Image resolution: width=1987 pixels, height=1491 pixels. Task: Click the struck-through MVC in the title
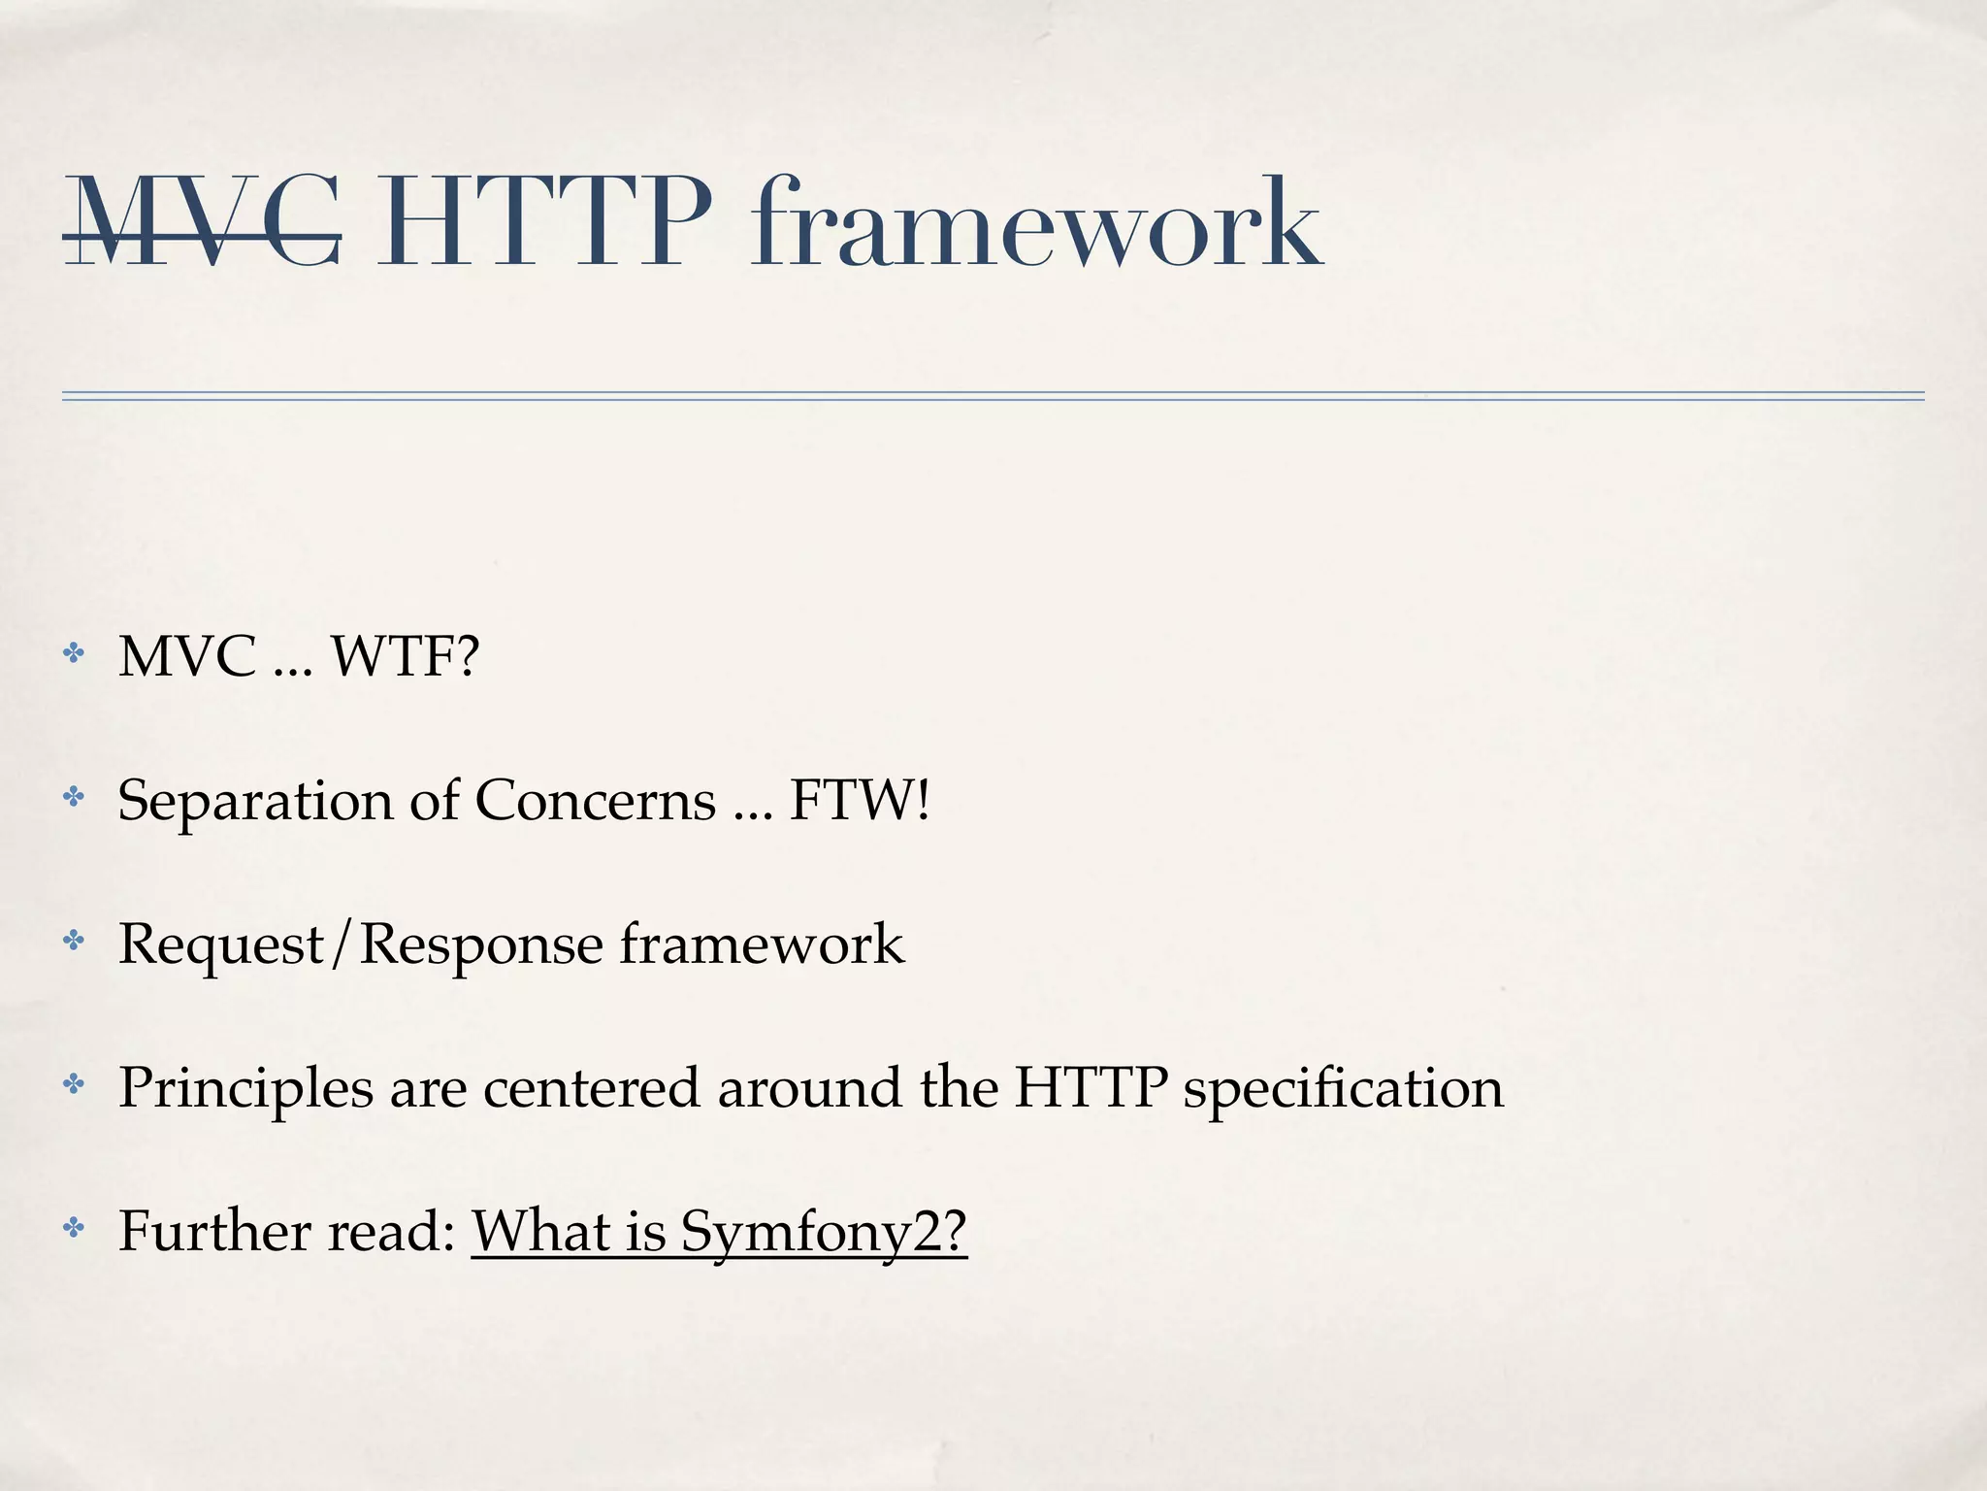click(202, 223)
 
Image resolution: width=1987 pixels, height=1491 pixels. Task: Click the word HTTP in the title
click(543, 223)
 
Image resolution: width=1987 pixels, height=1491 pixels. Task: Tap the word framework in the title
click(1035, 223)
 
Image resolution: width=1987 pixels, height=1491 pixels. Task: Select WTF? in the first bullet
click(406, 656)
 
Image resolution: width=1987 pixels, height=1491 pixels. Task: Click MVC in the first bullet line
click(187, 656)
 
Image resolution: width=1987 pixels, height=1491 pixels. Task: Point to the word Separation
click(254, 801)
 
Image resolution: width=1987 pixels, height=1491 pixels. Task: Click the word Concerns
click(595, 801)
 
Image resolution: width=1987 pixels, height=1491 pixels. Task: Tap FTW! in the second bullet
click(860, 801)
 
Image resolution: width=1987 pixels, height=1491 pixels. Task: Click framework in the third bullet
click(762, 944)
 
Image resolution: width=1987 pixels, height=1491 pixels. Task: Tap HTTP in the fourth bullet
click(1090, 1087)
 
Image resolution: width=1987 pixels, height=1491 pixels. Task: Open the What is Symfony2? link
click(719, 1232)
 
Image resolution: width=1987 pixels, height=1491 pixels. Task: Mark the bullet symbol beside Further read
click(74, 1228)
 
